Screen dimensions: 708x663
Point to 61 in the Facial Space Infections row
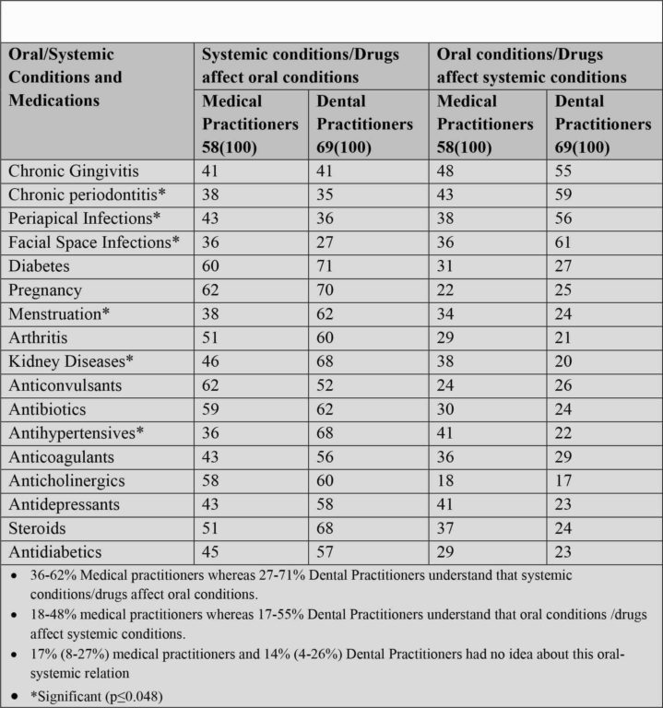point(562,242)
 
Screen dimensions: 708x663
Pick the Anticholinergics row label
point(65,481)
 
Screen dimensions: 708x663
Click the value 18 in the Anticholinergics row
point(445,481)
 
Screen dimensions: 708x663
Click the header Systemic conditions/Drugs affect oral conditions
point(301,65)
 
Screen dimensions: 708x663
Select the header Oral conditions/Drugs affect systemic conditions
point(531,65)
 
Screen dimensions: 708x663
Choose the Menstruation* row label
point(59,313)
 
